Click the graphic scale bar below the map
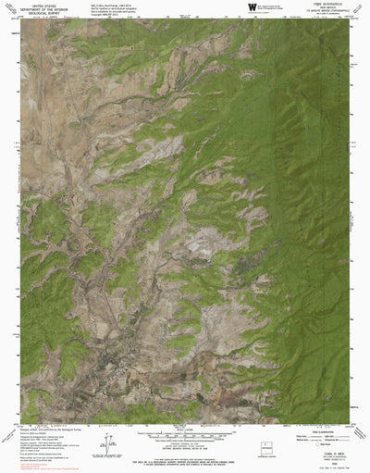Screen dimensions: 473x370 click(x=185, y=427)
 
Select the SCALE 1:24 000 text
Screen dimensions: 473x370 click(x=185, y=421)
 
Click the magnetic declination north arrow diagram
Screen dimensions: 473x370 click(x=109, y=441)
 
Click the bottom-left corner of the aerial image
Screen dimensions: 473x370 click(x=21, y=416)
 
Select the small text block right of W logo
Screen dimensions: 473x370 click(x=277, y=7)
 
